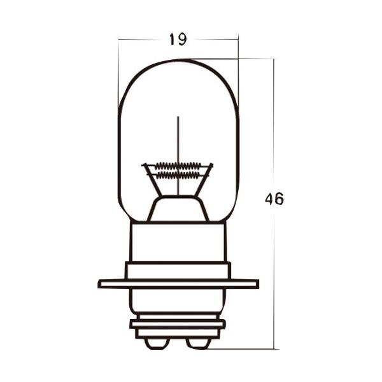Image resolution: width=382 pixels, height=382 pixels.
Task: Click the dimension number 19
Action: click(178, 39)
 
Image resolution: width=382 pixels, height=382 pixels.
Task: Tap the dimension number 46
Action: click(274, 199)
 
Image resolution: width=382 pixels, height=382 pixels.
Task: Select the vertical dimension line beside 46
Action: click(274, 267)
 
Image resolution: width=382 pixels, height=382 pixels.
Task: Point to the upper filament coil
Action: click(178, 165)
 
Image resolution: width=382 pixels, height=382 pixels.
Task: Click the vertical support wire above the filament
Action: click(178, 137)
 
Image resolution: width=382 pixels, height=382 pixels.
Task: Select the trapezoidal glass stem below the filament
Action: click(178, 209)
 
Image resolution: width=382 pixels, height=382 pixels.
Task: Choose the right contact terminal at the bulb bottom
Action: click(199, 343)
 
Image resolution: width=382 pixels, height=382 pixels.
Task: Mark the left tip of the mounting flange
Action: click(101, 283)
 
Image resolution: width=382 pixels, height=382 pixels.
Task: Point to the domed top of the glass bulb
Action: click(178, 63)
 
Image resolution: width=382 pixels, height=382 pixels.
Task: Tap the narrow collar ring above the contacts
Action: click(178, 324)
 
